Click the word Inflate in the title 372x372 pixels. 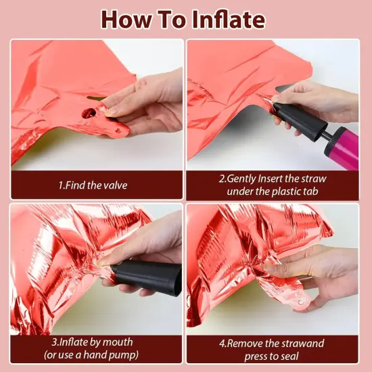pyautogui.click(x=229, y=20)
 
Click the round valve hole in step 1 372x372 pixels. pyautogui.click(x=89, y=113)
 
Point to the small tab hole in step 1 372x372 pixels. pyautogui.click(x=118, y=131)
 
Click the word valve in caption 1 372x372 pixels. pyautogui.click(x=114, y=185)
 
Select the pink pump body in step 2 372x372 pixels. pyautogui.click(x=344, y=147)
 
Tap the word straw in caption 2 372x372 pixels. pyautogui.click(x=314, y=179)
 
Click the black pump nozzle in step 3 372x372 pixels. pyautogui.click(x=147, y=277)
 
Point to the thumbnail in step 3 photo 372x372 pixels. pyautogui.click(x=103, y=262)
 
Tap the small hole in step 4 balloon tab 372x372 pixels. pyautogui.click(x=300, y=302)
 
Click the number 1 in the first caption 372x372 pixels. pyautogui.click(x=60, y=185)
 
